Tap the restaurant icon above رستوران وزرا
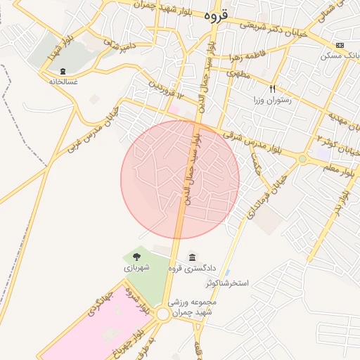click(x=272, y=89)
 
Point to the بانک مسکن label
click(x=341, y=56)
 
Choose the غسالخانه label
click(x=63, y=82)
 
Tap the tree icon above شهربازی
click(x=136, y=257)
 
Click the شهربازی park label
click(x=136, y=268)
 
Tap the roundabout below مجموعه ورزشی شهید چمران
click(x=163, y=314)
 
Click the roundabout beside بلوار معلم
click(x=302, y=160)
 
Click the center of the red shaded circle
click(x=180, y=179)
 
